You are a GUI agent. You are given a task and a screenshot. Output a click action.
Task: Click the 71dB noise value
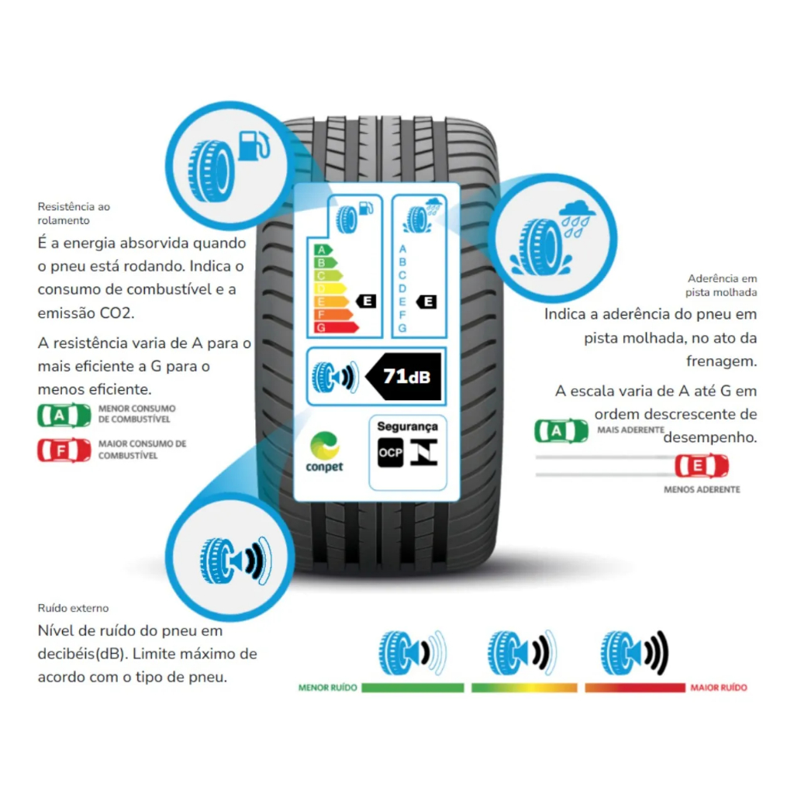tap(406, 377)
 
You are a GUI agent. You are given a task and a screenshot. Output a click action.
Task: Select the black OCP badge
tap(391, 452)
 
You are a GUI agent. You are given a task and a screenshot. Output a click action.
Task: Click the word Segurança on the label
tap(407, 427)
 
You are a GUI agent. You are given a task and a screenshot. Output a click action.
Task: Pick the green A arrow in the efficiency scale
tap(323, 250)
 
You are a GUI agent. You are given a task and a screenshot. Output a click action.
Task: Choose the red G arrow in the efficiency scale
tap(337, 328)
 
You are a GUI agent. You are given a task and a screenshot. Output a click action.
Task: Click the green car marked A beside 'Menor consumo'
tap(64, 416)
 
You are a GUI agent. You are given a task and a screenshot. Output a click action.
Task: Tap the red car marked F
tap(64, 451)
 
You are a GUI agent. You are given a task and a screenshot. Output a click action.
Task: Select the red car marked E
tap(701, 466)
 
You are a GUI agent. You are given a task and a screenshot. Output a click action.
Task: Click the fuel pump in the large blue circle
tap(254, 146)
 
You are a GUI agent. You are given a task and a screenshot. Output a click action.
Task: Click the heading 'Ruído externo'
tap(73, 608)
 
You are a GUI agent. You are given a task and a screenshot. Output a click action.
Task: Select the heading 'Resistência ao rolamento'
tap(74, 213)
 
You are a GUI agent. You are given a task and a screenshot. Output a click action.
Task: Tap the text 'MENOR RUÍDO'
tap(328, 688)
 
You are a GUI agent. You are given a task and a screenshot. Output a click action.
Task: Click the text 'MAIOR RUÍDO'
tap(719, 688)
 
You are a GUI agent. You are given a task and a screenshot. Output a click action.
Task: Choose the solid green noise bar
tap(413, 688)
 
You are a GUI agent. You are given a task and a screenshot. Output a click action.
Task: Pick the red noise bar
tap(635, 688)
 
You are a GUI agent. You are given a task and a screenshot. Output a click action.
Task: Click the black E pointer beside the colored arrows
tap(366, 302)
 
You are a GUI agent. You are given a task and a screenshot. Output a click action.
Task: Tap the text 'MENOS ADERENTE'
tap(702, 490)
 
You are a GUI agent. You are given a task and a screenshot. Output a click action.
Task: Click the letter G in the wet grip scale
tap(402, 328)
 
